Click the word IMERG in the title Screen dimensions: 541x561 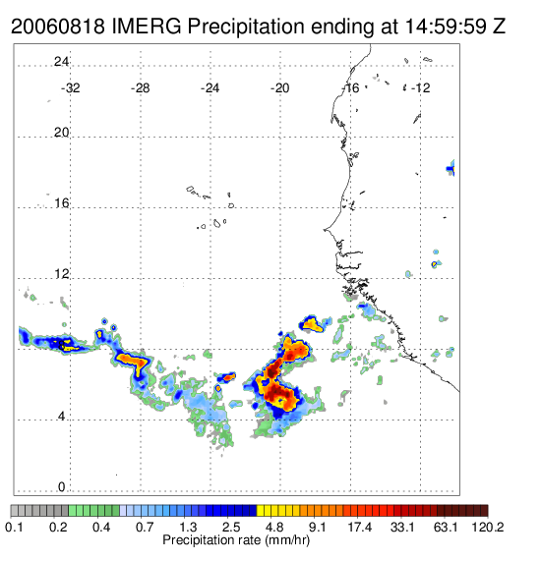tap(147, 27)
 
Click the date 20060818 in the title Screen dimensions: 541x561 tap(58, 27)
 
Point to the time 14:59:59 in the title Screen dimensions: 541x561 tap(446, 27)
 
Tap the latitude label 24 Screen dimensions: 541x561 tap(61, 62)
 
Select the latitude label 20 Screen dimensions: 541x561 tap(61, 133)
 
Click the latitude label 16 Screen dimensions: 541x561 tap(61, 203)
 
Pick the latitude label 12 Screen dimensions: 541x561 tap(61, 274)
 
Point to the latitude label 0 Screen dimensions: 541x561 tap(62, 487)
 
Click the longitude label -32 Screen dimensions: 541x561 tap(70, 88)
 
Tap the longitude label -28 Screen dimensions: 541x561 tap(140, 88)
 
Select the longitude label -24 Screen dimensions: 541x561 tap(210, 88)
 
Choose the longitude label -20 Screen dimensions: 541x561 tap(279, 88)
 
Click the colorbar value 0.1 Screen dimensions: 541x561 tap(15, 527)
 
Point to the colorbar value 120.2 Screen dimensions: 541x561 tap(488, 527)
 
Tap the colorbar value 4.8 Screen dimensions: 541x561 tap(274, 527)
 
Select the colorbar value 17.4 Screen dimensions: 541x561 tap(360, 527)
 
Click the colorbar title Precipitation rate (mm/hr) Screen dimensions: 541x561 tap(236, 540)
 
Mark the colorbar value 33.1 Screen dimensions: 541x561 tap(402, 527)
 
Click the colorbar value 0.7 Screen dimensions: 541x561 tap(145, 527)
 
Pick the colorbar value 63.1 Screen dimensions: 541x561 tap(446, 527)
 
